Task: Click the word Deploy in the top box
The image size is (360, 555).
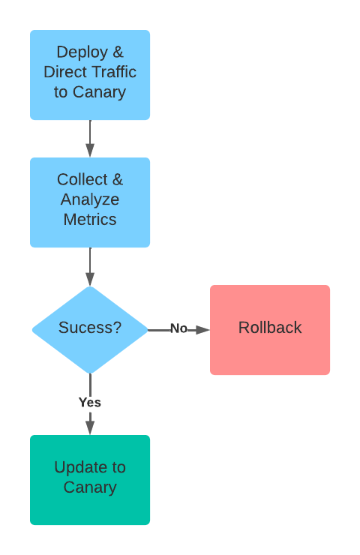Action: tap(82, 52)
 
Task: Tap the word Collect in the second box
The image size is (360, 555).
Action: tap(82, 179)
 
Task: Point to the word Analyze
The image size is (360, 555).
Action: tap(90, 199)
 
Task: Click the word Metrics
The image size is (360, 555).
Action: tap(90, 220)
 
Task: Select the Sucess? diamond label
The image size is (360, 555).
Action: tap(90, 328)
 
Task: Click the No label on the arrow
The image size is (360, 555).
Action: tap(178, 328)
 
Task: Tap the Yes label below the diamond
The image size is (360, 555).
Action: tap(90, 403)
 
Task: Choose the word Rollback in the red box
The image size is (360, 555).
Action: tap(270, 328)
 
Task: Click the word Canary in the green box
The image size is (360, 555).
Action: tap(90, 487)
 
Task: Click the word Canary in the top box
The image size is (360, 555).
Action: tap(100, 92)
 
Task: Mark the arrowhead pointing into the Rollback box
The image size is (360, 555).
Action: tap(202, 330)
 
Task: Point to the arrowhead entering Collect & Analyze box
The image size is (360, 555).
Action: tap(90, 150)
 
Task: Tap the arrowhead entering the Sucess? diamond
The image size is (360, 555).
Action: tap(90, 279)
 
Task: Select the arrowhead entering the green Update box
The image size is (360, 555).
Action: tap(90, 427)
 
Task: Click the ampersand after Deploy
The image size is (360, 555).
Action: tap(118, 52)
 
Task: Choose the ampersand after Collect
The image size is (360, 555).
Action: tap(118, 179)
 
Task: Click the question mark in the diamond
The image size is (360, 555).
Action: tap(117, 327)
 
